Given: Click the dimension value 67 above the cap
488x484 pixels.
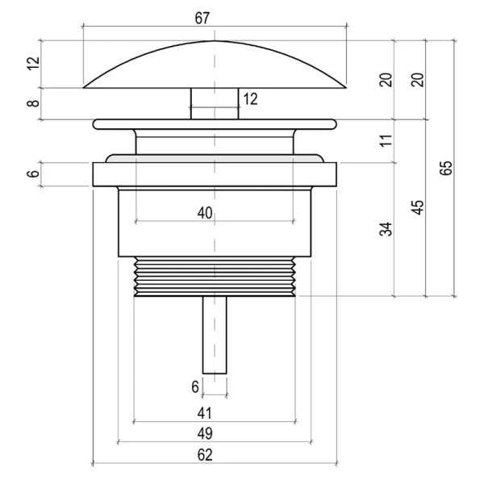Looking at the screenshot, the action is [202, 18].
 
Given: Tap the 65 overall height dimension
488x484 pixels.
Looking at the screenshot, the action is [446, 168].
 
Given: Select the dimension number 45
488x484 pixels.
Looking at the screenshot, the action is [418, 207].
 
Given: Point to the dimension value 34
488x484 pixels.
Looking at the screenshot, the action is [386, 229].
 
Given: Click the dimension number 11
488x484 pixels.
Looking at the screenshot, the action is [386, 140].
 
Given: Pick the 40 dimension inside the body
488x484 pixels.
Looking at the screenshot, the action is [205, 213].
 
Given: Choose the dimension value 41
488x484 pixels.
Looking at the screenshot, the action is [204, 413].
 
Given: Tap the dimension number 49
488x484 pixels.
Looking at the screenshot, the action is [205, 433].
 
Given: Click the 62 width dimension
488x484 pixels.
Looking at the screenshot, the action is [205, 455].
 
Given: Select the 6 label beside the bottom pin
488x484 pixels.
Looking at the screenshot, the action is [195, 387].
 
